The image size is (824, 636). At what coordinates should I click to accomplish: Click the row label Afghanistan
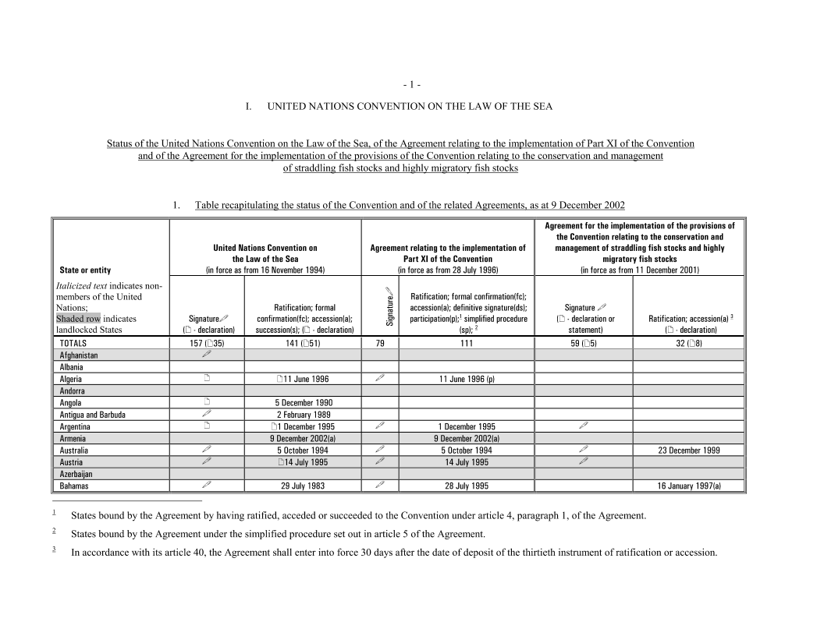point(79,355)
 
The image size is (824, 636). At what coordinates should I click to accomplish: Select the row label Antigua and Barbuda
point(92,415)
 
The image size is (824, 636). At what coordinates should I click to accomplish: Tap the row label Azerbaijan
point(76,474)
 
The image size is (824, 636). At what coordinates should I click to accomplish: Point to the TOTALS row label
point(73,343)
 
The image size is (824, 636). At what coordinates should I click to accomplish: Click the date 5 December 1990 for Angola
point(303,403)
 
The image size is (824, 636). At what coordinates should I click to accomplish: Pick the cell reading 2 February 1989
point(303,415)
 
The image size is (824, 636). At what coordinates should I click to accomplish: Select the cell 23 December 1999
point(689,450)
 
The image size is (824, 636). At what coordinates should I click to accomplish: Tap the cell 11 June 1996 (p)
point(467,379)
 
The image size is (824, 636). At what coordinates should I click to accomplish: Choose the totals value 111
point(467,343)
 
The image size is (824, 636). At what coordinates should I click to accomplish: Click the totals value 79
point(379,343)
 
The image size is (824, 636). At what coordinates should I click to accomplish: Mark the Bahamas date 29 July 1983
point(303,486)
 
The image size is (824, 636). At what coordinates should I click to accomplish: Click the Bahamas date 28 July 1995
point(467,486)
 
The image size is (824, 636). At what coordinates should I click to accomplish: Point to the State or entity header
point(85,270)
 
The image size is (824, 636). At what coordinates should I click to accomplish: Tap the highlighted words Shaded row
point(78,319)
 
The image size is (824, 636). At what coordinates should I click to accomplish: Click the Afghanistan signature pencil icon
point(207,355)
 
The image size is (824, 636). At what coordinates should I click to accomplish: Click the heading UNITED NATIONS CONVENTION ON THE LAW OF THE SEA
point(410,107)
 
